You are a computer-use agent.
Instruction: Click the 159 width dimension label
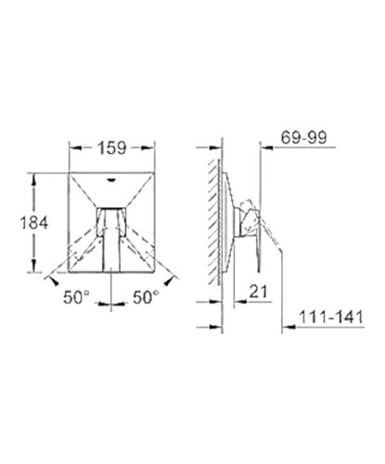click(112, 148)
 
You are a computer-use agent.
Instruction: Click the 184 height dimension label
click(34, 223)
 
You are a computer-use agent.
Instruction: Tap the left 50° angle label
click(76, 298)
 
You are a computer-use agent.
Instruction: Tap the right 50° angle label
click(146, 298)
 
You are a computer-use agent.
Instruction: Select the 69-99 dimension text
click(303, 137)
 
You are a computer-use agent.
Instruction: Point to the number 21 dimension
click(258, 291)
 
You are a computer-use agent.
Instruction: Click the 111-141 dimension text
click(331, 316)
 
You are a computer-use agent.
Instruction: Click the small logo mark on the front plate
click(111, 179)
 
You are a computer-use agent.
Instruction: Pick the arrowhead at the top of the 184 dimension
click(33, 179)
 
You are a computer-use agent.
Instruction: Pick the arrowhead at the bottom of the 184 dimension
click(33, 266)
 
